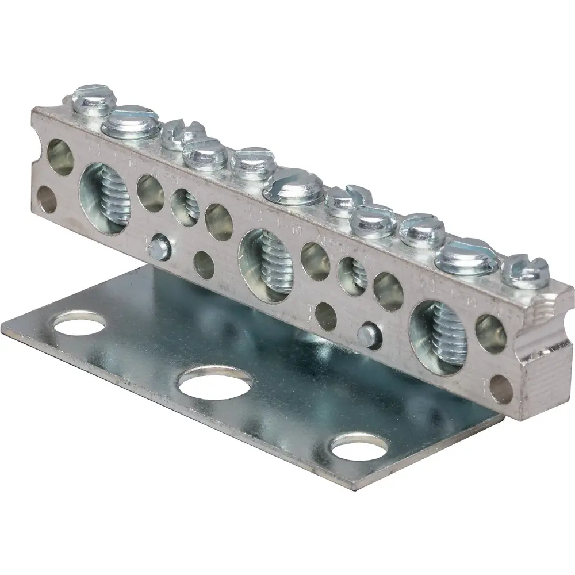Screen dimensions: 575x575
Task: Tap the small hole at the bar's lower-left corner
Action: point(46,198)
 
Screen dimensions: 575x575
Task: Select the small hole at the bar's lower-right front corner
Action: point(502,389)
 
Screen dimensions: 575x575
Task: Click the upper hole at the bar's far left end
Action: point(59,157)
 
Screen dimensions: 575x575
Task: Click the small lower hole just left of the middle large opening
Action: point(204,264)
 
